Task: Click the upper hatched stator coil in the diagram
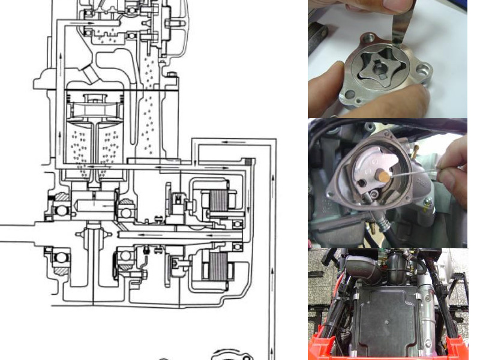point(216,201)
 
